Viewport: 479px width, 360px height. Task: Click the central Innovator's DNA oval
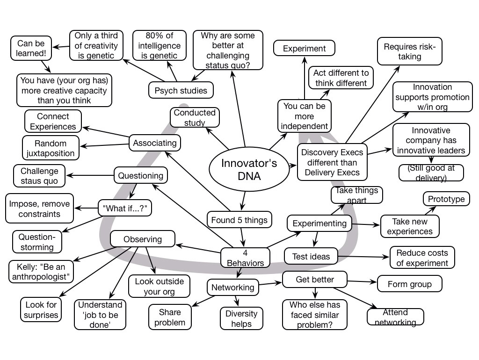(x=242, y=170)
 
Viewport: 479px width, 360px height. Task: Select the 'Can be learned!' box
(x=31, y=49)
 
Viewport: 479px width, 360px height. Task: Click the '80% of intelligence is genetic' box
(x=160, y=46)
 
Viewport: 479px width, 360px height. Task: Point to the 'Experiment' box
(x=304, y=49)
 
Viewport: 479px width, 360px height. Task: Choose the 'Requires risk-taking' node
(x=409, y=51)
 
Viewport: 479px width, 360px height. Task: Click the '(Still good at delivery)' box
(x=431, y=173)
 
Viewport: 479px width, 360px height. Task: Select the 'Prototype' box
(x=446, y=199)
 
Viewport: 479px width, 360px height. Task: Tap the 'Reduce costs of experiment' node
(x=422, y=258)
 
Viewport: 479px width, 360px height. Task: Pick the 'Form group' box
(x=410, y=284)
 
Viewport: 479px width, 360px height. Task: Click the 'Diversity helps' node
(x=241, y=318)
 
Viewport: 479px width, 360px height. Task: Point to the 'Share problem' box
(x=170, y=317)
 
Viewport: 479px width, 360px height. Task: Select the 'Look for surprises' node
(x=42, y=310)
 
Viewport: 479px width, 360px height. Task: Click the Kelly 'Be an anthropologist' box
(x=42, y=272)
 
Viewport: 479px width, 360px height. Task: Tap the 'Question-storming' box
(x=36, y=242)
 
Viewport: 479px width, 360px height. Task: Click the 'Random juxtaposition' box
(x=51, y=148)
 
